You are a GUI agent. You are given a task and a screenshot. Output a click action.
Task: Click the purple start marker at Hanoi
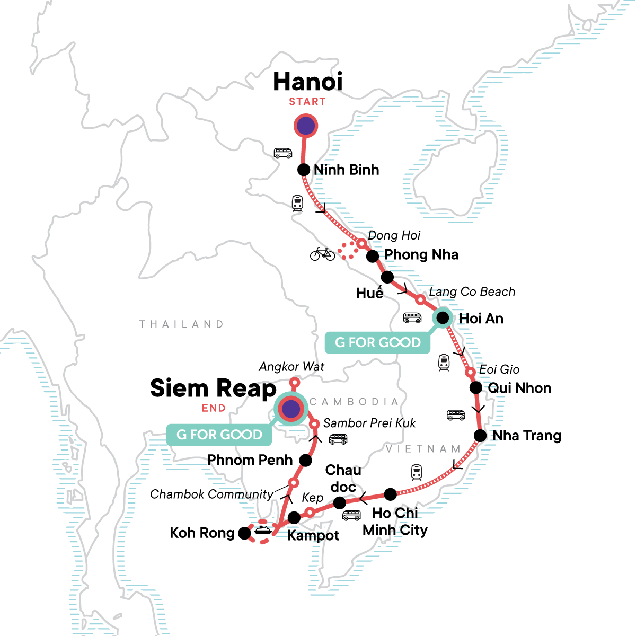click(x=305, y=126)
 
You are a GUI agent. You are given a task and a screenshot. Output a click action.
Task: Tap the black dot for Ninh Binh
click(x=304, y=170)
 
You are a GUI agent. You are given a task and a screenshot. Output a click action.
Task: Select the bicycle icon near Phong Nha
click(x=323, y=254)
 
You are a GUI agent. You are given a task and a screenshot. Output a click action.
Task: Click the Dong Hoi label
click(x=394, y=235)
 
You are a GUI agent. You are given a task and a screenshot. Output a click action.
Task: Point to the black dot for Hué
click(x=387, y=277)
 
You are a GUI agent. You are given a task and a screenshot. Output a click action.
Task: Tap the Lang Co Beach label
click(x=472, y=291)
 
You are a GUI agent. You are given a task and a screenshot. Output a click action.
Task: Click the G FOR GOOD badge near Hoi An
click(x=377, y=342)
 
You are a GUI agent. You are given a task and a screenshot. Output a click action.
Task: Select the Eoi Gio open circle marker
click(x=470, y=373)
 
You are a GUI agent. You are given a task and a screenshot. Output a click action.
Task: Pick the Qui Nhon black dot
click(x=476, y=388)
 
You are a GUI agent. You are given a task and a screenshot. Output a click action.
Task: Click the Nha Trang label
click(x=526, y=436)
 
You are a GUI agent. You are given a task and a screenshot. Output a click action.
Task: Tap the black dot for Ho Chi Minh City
click(x=390, y=494)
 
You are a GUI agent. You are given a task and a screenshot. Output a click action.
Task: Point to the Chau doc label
click(x=343, y=478)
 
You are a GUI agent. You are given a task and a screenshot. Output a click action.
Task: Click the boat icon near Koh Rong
click(x=263, y=529)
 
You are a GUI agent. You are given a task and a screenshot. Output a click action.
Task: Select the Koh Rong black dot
click(x=244, y=533)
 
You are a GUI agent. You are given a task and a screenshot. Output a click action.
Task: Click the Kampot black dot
click(x=294, y=518)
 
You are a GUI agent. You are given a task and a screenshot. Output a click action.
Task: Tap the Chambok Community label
click(x=211, y=494)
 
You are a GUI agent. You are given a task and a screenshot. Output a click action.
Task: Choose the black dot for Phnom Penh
click(x=305, y=460)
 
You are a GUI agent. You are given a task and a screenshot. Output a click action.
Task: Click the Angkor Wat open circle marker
click(x=295, y=382)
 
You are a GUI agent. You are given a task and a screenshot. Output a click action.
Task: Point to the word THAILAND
click(x=181, y=324)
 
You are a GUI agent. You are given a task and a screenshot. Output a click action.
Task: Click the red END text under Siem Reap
click(x=214, y=408)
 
